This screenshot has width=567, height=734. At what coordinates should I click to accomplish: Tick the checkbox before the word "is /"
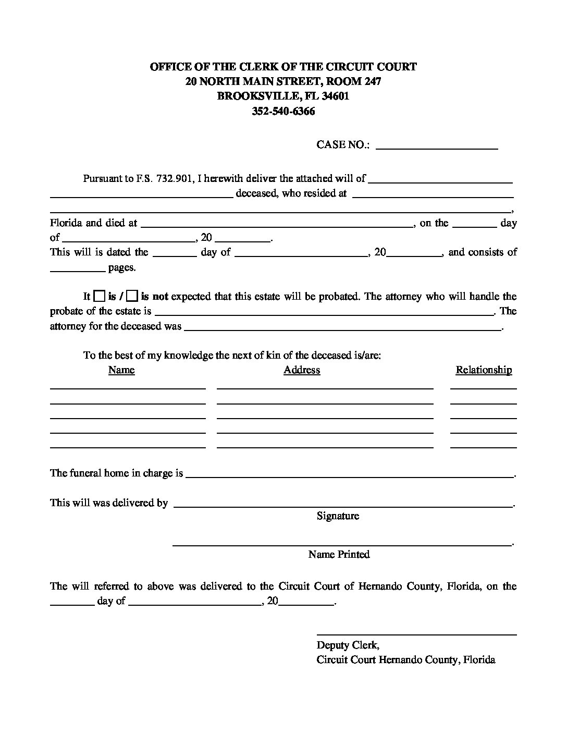[x=99, y=296]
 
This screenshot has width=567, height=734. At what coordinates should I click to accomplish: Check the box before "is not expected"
[x=132, y=296]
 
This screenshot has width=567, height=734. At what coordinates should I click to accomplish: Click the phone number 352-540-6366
[x=283, y=111]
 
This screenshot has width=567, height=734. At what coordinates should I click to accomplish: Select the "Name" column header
[x=121, y=370]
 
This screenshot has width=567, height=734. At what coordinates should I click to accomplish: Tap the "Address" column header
[x=302, y=370]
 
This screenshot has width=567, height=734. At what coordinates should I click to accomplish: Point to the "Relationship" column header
[x=484, y=370]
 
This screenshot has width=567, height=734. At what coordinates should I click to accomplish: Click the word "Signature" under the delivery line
[x=338, y=516]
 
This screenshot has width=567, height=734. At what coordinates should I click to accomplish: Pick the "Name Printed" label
[x=339, y=555]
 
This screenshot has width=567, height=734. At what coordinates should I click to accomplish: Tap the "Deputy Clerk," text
[x=348, y=645]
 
